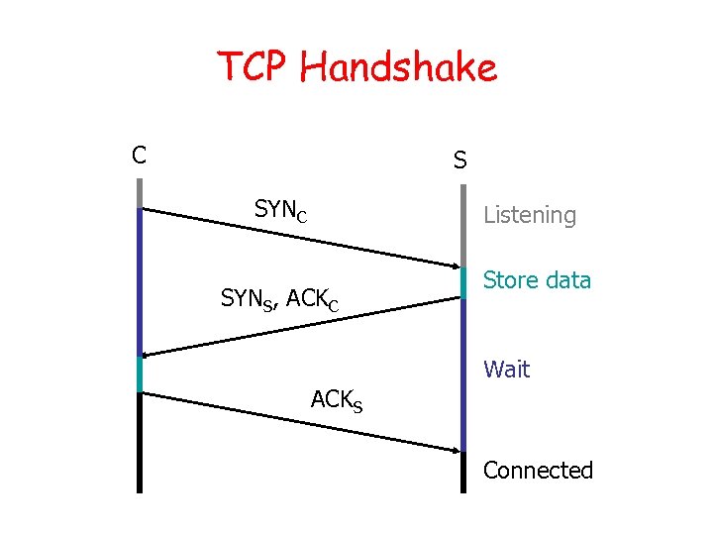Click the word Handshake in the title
(400, 68)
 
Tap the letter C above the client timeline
(140, 155)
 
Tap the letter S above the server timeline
(460, 160)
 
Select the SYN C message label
(280, 210)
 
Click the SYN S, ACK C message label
(279, 298)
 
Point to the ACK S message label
(336, 400)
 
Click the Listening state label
(529, 215)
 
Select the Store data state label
(537, 280)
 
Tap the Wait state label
(506, 370)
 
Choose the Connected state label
(538, 471)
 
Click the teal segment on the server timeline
(462, 282)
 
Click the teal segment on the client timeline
(140, 374)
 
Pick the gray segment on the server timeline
(462, 222)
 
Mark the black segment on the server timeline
(462, 473)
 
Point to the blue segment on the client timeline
(140, 281)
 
